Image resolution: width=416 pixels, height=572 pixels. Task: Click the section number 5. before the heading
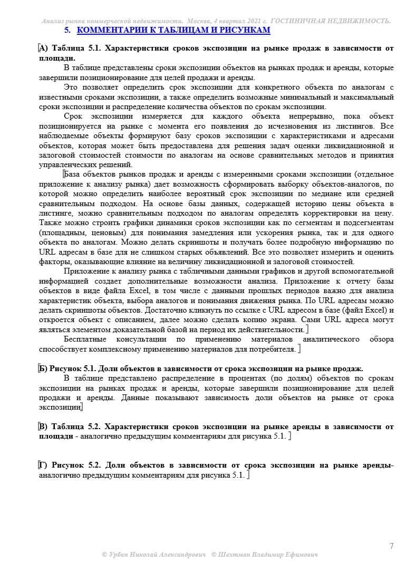[x=67, y=30]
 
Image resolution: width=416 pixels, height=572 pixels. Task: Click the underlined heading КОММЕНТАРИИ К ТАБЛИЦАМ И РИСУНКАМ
[x=173, y=30]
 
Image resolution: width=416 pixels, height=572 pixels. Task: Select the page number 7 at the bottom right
[x=391, y=546]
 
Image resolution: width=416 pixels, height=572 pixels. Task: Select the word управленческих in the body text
[x=63, y=164]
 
